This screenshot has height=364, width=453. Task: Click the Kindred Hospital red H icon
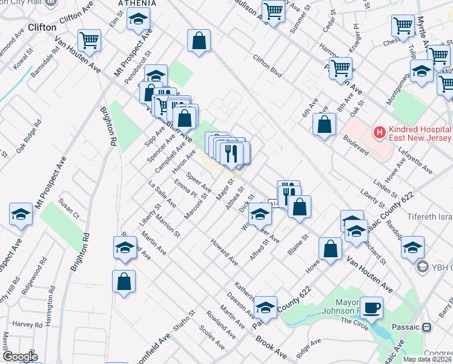tap(380, 132)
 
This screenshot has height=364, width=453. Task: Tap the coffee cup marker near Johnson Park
tap(371, 307)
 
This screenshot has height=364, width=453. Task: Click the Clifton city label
tap(42, 27)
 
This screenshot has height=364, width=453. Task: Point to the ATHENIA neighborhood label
tap(137, 3)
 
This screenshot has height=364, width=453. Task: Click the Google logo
tap(19, 356)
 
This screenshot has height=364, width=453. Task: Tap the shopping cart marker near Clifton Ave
tap(89, 41)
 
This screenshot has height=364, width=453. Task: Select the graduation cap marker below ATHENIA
tap(138, 19)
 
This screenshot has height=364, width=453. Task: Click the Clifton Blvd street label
tap(268, 67)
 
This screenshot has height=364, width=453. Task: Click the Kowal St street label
tap(25, 62)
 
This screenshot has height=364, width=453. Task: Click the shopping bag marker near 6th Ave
tap(325, 124)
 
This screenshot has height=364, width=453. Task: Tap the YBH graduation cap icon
tap(422, 267)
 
